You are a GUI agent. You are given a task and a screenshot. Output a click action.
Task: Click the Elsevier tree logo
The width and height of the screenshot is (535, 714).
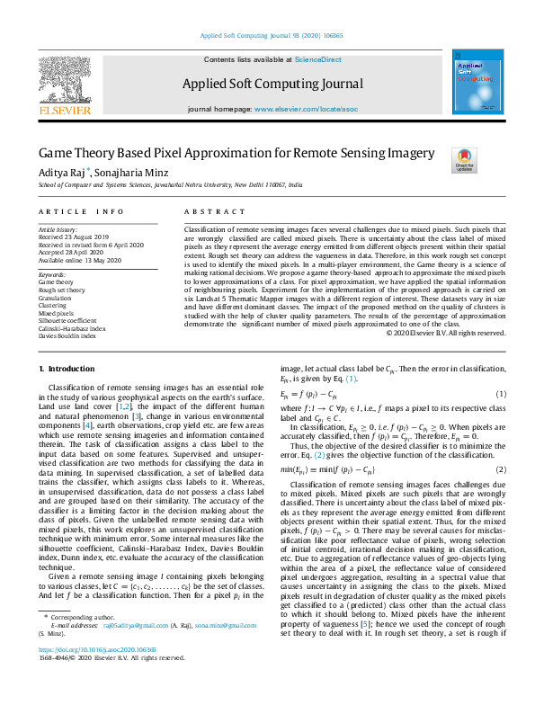(x=64, y=80)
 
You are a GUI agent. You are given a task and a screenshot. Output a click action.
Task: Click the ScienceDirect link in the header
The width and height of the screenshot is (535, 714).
(x=317, y=59)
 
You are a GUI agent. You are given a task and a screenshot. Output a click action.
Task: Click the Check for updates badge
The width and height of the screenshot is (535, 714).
(x=464, y=160)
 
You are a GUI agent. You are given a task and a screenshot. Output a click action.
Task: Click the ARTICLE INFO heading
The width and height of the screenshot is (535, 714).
(x=82, y=211)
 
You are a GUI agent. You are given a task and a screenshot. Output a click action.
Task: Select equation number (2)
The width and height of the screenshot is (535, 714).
(x=501, y=469)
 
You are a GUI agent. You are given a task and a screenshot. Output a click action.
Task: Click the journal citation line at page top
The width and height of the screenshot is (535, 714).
(x=267, y=37)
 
